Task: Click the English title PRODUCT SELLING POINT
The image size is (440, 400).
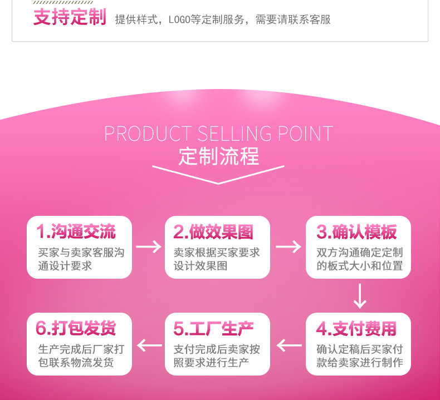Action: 218,134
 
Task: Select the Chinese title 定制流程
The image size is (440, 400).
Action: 218,156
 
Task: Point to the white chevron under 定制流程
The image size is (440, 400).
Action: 218,174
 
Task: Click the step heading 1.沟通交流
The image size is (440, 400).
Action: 76,231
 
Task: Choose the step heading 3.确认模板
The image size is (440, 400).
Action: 356,231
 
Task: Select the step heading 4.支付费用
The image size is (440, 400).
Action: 356,328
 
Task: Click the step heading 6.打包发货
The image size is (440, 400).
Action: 76,328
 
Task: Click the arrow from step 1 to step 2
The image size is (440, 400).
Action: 148,247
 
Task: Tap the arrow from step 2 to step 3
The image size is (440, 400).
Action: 288,247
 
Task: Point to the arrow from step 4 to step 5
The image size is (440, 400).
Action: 289,346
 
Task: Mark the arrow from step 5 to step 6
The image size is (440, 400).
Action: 149,346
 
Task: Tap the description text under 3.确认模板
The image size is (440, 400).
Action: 359,259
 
